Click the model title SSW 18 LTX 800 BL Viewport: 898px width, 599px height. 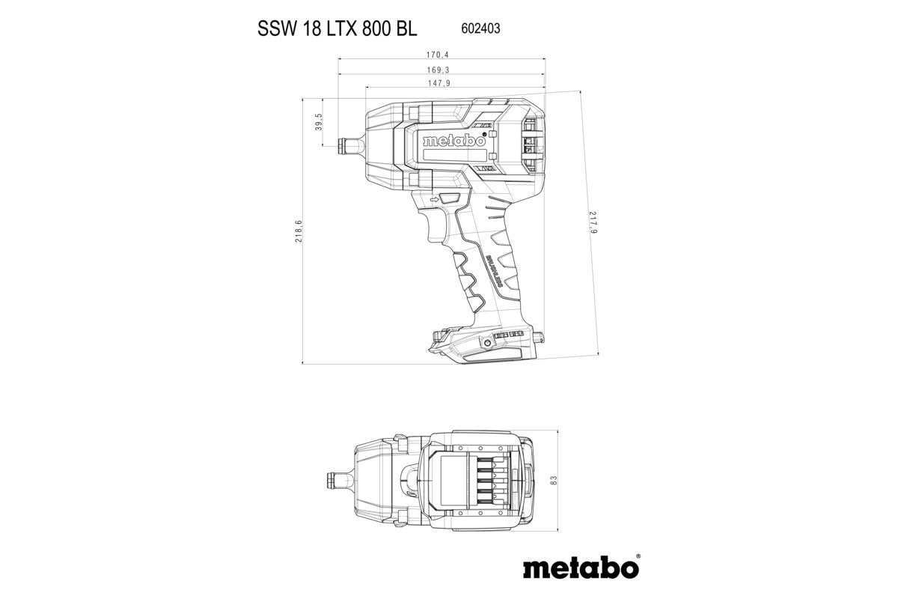point(337,28)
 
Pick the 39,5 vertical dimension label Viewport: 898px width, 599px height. point(318,121)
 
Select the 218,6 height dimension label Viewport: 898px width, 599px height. point(298,231)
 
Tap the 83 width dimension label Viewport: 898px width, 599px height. point(555,480)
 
